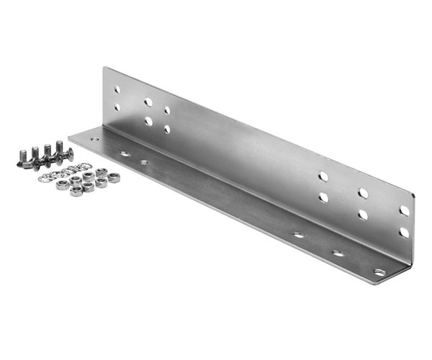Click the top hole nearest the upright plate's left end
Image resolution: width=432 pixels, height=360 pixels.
coord(117,90)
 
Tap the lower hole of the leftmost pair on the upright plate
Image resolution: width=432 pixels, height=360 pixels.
coord(117,107)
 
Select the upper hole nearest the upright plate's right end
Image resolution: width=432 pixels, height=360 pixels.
coord(404,210)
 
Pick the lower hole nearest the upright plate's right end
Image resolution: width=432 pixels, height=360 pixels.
coord(404,232)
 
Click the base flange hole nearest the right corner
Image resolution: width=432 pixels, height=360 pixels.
coord(379,272)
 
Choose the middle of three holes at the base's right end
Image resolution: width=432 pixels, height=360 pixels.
coord(338,253)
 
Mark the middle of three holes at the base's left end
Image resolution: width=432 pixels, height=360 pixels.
coord(124,153)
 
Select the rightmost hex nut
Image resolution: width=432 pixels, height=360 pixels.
coord(113,178)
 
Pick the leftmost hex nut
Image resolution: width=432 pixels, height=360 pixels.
coord(63,185)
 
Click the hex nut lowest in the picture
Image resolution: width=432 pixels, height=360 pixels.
coord(76,190)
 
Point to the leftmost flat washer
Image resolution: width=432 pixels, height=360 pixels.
coord(43,178)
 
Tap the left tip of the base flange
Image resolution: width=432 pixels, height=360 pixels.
coord(70,137)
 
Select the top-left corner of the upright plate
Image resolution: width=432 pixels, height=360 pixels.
coord(104,68)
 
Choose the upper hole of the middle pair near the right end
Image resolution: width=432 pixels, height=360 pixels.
coord(363,193)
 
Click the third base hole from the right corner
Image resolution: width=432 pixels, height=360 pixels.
coord(297,235)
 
